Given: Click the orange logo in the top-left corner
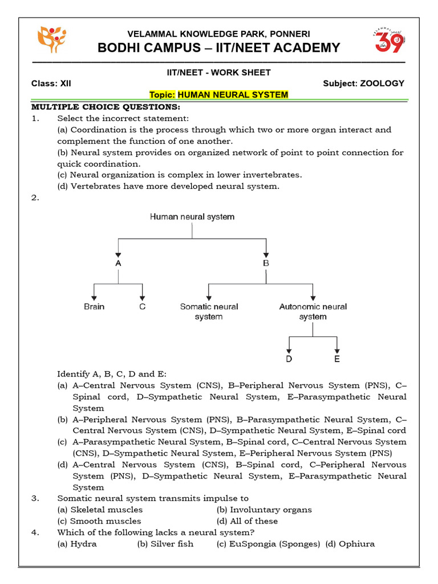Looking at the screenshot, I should tap(51, 39).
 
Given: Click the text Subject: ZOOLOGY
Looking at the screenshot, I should tap(363, 83).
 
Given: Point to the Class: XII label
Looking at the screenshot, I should tap(51, 83).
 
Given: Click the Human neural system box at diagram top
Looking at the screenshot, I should tap(192, 217).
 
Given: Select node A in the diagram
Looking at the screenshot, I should tap(118, 263).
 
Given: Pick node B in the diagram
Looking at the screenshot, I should tap(265, 263).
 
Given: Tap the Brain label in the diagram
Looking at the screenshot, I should tap(94, 307).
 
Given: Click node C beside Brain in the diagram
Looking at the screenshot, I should tap(142, 307).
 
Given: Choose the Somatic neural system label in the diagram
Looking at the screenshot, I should tap(209, 311).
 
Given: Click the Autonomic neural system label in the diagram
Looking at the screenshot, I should tap(313, 311).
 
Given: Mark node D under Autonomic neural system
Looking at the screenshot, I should tap(289, 359).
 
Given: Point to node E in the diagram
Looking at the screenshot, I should tap(337, 359).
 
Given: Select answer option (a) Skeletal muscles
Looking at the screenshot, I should tap(100, 510).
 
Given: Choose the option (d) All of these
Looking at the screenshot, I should tap(247, 521).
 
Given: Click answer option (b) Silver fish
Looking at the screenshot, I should tap(165, 544).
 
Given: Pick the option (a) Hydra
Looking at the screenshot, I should tap(77, 544).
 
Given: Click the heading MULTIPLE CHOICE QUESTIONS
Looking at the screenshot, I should tap(106, 107).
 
